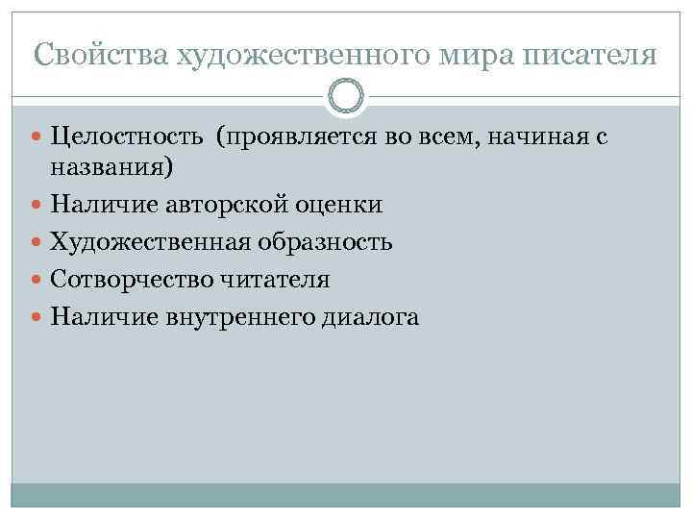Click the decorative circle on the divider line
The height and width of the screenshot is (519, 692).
click(x=346, y=96)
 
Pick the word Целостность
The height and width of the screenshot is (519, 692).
click(x=127, y=139)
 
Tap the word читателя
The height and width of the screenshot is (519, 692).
click(x=275, y=280)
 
